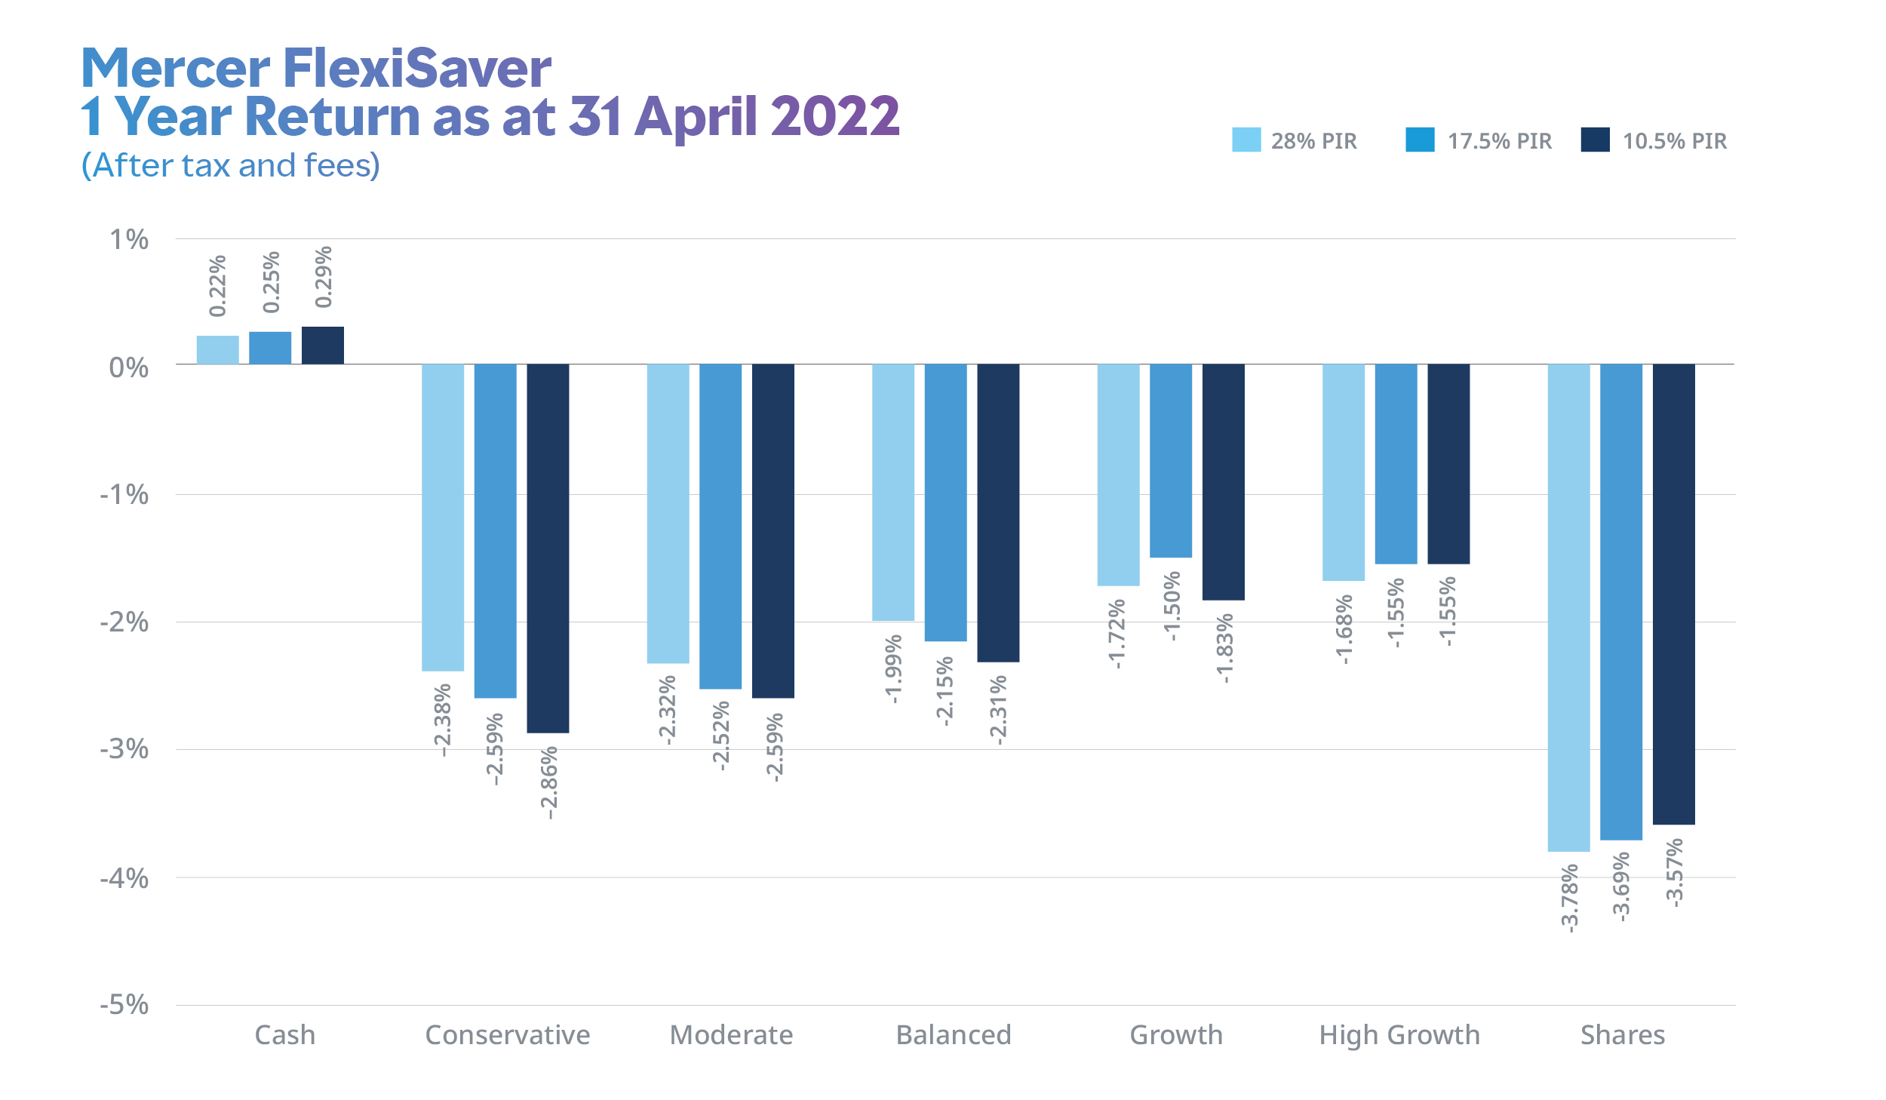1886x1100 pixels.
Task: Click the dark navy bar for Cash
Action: [323, 346]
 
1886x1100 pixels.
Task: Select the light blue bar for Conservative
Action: [443, 517]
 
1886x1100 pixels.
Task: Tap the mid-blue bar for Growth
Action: [1170, 460]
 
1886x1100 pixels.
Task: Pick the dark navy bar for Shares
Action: [1673, 594]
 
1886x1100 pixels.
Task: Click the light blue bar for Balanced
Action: [893, 492]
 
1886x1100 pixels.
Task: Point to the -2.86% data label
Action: [549, 782]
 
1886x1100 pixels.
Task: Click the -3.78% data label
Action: [1569, 898]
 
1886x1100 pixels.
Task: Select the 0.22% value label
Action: [217, 286]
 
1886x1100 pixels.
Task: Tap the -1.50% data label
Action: [1171, 607]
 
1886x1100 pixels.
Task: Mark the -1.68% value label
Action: [1344, 629]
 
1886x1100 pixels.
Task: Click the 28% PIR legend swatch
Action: [1246, 140]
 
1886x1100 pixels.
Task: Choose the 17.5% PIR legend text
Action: [1500, 141]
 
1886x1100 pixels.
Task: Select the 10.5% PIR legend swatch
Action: [1595, 140]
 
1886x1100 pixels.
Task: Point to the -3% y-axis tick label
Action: [124, 749]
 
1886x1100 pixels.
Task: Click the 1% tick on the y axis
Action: [129, 240]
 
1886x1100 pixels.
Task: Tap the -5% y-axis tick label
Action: [124, 1005]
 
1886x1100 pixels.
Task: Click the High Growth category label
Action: [1399, 1035]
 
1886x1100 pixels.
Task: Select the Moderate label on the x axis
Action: [731, 1035]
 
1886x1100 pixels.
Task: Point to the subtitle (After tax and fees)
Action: [231, 166]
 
